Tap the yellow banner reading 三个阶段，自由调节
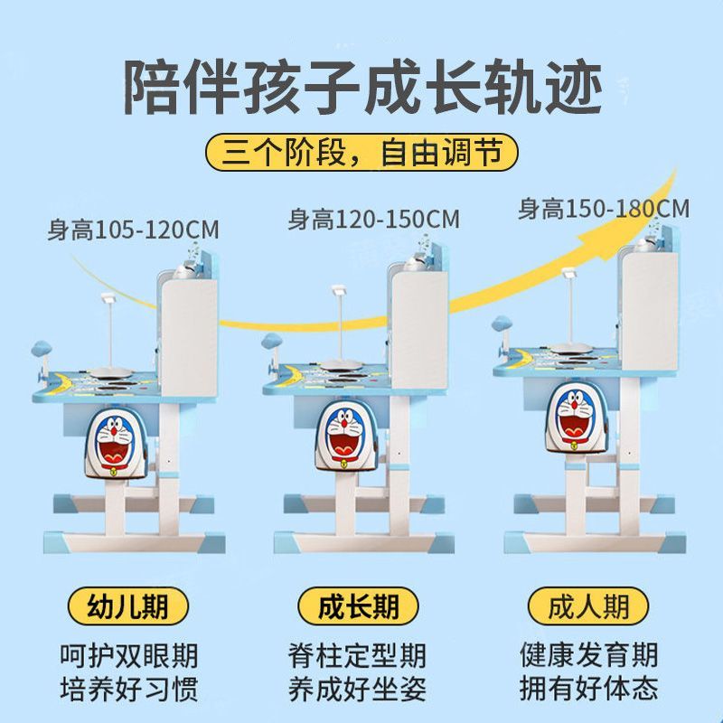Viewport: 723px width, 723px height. click(x=361, y=152)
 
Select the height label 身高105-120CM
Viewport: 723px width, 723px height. click(x=133, y=229)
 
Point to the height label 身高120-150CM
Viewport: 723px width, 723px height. click(x=373, y=219)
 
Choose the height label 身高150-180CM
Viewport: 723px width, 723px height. click(x=603, y=209)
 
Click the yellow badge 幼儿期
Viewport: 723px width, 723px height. click(x=128, y=606)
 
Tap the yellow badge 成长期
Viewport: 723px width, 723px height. click(x=360, y=606)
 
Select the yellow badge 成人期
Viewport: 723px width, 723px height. click(x=589, y=606)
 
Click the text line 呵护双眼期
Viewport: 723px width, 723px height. click(x=128, y=654)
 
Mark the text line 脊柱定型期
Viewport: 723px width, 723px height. click(x=360, y=654)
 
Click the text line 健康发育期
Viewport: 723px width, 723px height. click(x=589, y=654)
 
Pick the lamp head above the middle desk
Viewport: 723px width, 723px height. click(x=339, y=289)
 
